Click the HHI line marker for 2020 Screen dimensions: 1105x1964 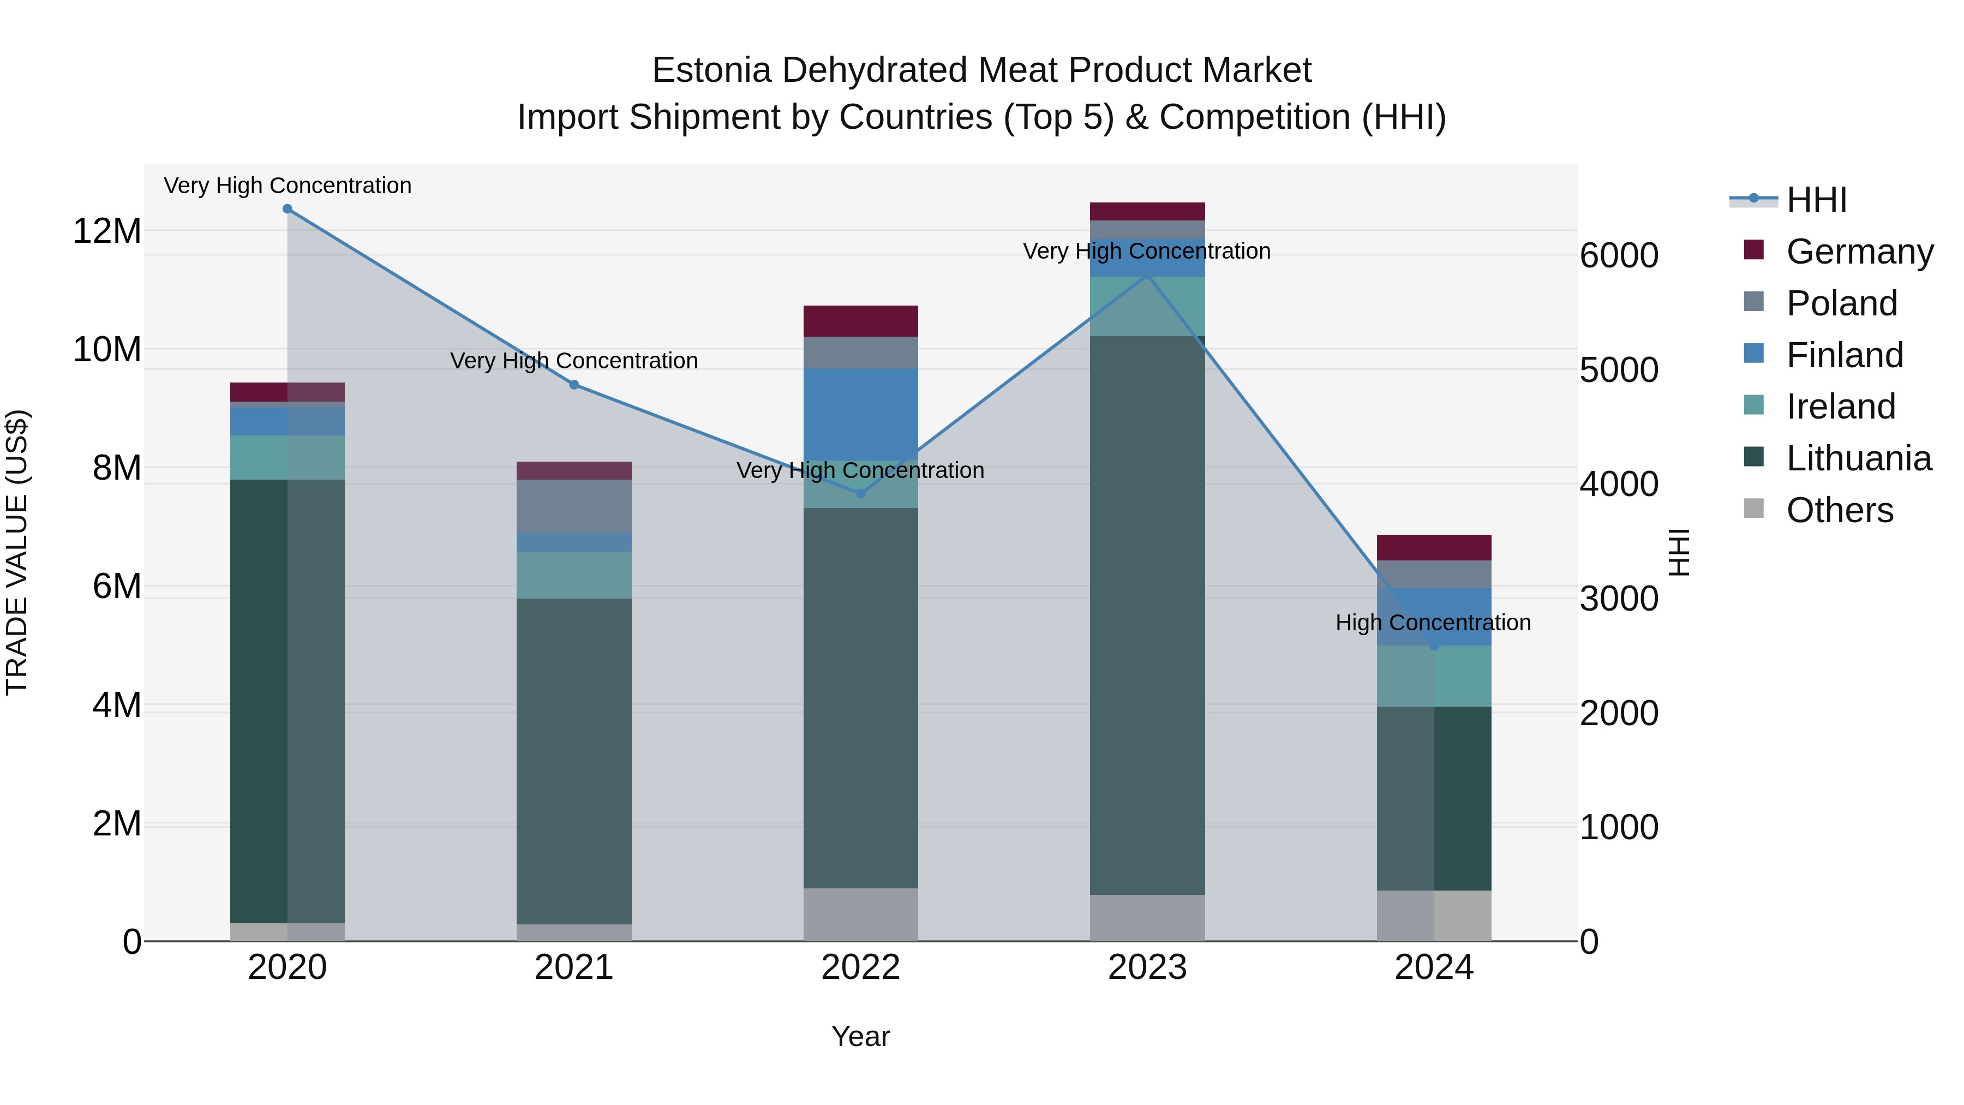point(288,209)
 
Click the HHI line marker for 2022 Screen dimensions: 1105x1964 point(861,493)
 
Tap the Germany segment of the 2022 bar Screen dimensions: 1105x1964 point(861,321)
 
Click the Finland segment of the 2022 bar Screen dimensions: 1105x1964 point(861,414)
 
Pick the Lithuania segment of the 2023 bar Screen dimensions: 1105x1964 point(1147,614)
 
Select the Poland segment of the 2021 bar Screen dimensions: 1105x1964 point(574,506)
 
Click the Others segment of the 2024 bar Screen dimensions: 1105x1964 point(1434,915)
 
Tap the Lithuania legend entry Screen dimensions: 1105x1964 point(1858,458)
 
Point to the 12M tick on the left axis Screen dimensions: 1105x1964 point(107,231)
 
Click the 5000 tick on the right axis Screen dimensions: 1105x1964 point(1618,370)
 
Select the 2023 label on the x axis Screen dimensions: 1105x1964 point(1147,967)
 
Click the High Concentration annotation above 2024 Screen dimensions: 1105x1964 point(1433,622)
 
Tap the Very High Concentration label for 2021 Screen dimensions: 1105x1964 point(573,361)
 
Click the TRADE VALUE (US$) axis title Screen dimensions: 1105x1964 point(17,552)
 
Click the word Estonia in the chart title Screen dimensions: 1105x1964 point(711,70)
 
